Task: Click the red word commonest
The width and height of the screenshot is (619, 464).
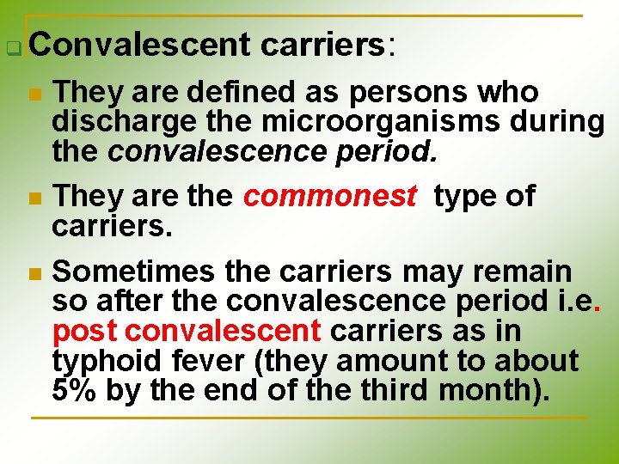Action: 329,196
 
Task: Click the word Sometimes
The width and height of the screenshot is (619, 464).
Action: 134,272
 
